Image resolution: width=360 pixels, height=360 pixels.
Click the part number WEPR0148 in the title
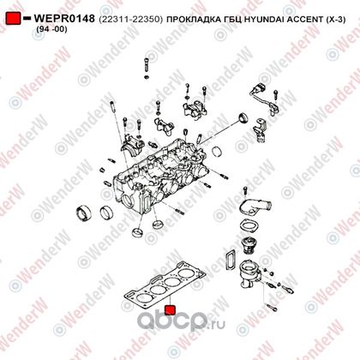click(x=64, y=19)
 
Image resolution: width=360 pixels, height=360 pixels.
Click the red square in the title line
click(x=13, y=18)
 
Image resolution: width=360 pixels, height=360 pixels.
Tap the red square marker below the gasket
click(x=171, y=310)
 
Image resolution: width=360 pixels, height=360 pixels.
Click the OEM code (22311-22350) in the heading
click(x=130, y=20)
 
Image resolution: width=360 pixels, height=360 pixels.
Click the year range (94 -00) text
click(x=51, y=29)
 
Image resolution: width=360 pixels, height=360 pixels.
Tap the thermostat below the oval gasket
click(x=248, y=245)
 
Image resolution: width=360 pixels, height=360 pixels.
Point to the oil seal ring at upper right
click(x=243, y=117)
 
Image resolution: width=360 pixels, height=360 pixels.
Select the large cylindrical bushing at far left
click(x=84, y=213)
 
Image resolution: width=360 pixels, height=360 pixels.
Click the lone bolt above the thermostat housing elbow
click(x=245, y=190)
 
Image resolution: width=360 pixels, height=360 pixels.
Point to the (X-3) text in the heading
click(x=335, y=20)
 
